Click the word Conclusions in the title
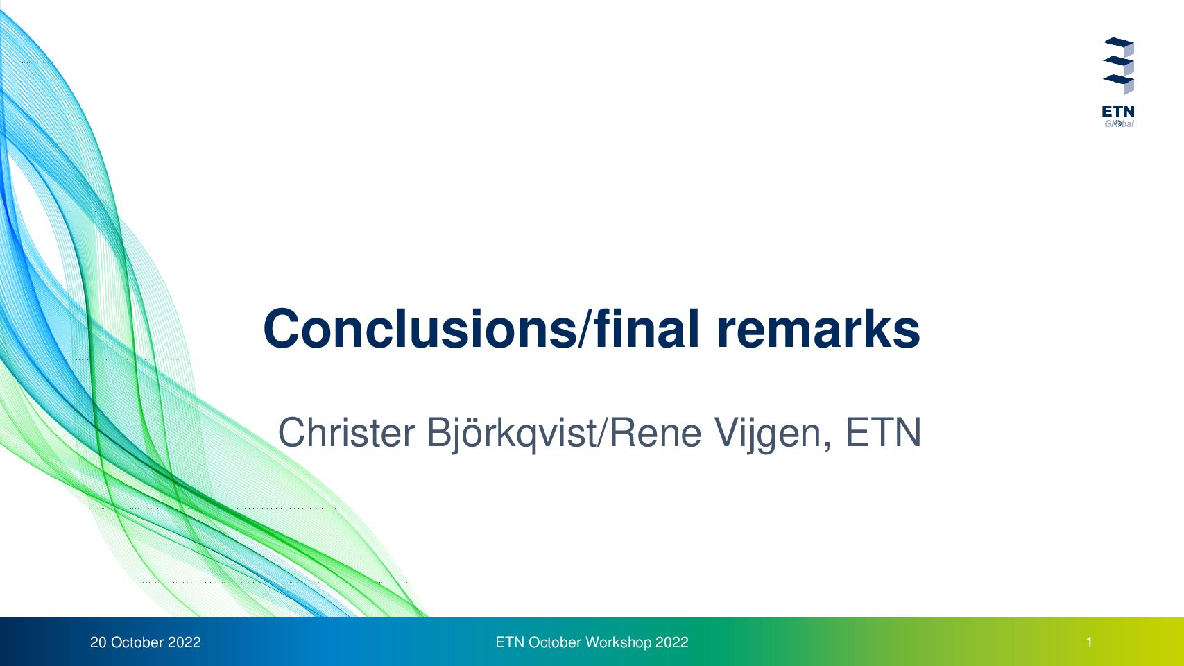(420, 329)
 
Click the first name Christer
(346, 432)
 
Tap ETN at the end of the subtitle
(883, 432)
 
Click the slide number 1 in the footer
(1089, 642)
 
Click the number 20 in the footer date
(98, 642)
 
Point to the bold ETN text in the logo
(1118, 112)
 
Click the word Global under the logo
(1119, 123)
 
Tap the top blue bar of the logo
(1119, 42)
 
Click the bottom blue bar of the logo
(1119, 79)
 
